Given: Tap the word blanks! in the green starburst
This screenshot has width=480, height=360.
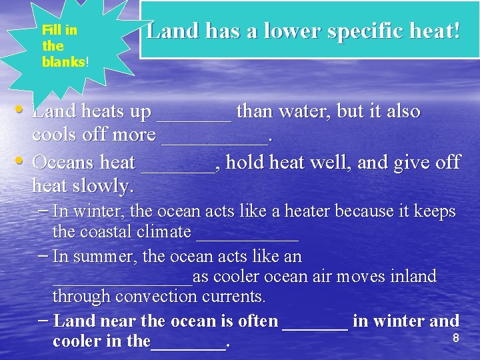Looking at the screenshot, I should pyautogui.click(x=65, y=62).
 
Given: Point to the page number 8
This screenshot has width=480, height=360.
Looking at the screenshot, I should pyautogui.click(x=456, y=338).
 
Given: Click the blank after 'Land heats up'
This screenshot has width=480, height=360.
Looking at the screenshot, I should pyautogui.click(x=194, y=119).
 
